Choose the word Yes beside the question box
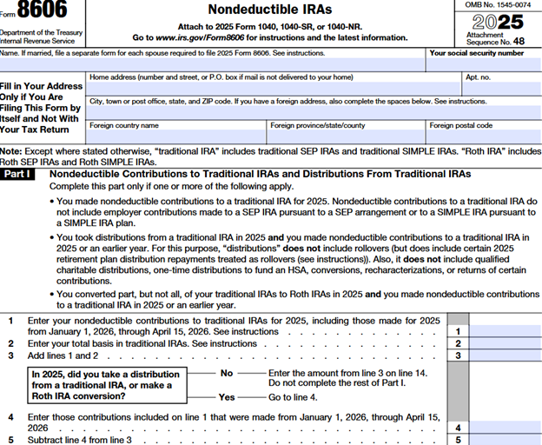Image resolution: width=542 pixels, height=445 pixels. click(228, 396)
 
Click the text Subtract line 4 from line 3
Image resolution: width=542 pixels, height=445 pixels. click(80, 440)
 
